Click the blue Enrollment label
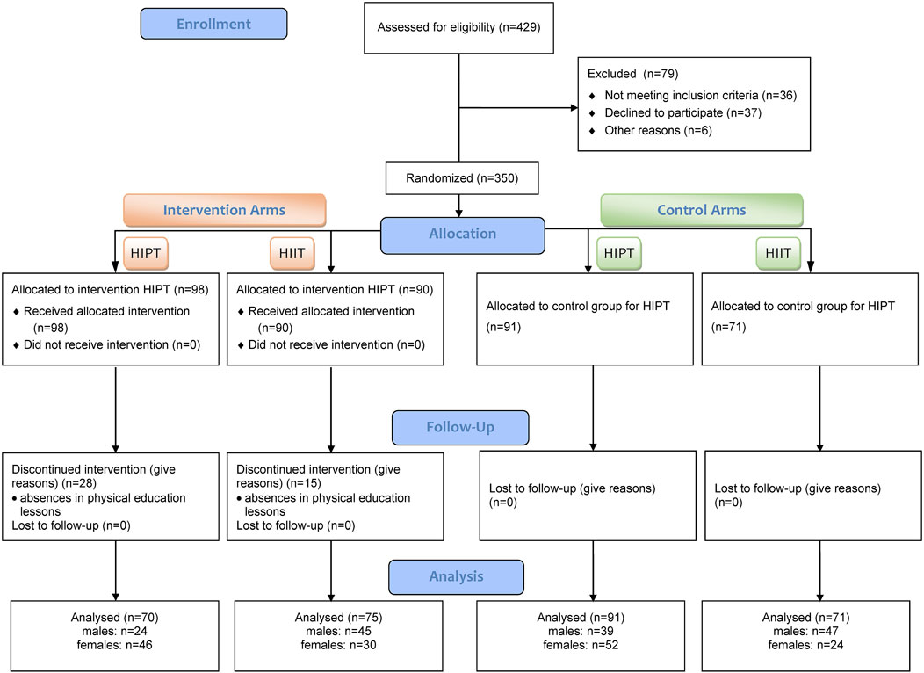pos(214,25)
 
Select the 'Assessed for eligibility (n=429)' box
pos(458,28)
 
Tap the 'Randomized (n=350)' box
pos(462,178)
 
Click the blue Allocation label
pos(463,235)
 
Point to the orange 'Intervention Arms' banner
pos(225,210)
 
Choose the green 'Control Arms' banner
pos(702,210)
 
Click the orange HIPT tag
pos(146,253)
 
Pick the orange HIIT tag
pos(292,253)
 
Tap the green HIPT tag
pos(618,253)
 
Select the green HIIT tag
pos(778,253)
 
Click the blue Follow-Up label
pos(460,428)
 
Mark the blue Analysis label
pos(456,577)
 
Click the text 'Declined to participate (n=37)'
pos(683,113)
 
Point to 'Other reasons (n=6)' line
pos(658,131)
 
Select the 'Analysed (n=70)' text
pos(114,618)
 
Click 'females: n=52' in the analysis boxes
pos(581,645)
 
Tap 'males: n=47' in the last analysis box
pos(805,631)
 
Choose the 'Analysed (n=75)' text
pos(338,618)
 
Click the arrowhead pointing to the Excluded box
pos(574,108)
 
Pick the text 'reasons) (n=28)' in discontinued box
pos(54,484)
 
